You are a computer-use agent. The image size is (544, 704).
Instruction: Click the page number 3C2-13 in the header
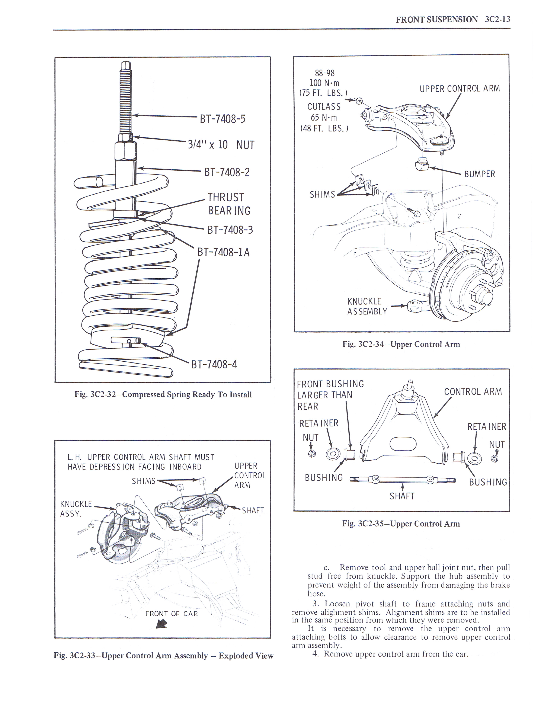[497, 19]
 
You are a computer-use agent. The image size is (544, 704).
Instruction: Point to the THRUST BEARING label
[229, 204]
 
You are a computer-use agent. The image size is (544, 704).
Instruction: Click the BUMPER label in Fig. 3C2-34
[480, 174]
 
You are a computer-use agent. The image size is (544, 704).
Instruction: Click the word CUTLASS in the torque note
[324, 106]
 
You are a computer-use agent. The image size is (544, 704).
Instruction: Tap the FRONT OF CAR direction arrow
[161, 624]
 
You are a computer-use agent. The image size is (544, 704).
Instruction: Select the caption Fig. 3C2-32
[163, 394]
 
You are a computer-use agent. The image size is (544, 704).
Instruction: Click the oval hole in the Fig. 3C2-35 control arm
[403, 444]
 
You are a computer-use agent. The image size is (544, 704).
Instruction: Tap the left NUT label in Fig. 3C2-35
[310, 437]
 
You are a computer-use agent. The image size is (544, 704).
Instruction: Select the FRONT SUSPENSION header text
[437, 19]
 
